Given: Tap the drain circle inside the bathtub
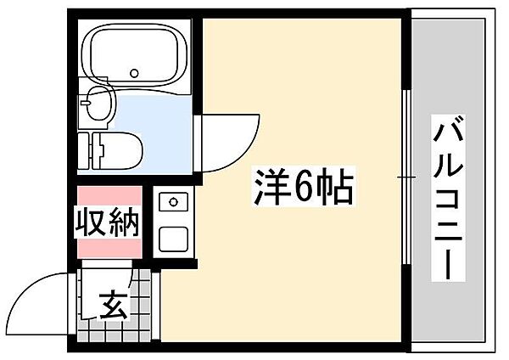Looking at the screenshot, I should pyautogui.click(x=134, y=73).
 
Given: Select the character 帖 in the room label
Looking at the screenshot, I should pyautogui.click(x=334, y=188).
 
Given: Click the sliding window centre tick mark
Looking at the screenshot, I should pyautogui.click(x=407, y=177).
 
